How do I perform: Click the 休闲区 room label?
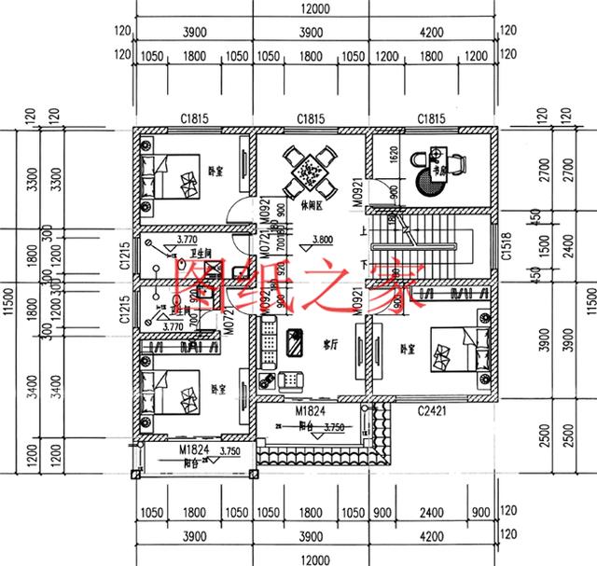coord(313,202)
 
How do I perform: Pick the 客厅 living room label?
coord(329,343)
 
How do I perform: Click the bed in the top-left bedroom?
coord(173,175)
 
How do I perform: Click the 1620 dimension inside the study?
coord(393,156)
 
